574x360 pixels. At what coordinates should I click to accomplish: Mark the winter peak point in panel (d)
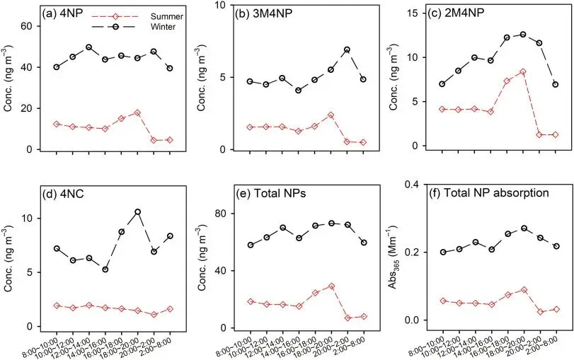(x=137, y=211)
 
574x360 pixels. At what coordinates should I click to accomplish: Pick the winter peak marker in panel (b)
(x=347, y=50)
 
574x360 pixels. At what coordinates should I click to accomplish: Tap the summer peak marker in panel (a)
(x=137, y=113)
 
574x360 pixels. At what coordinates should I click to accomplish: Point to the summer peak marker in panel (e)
(x=331, y=286)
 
